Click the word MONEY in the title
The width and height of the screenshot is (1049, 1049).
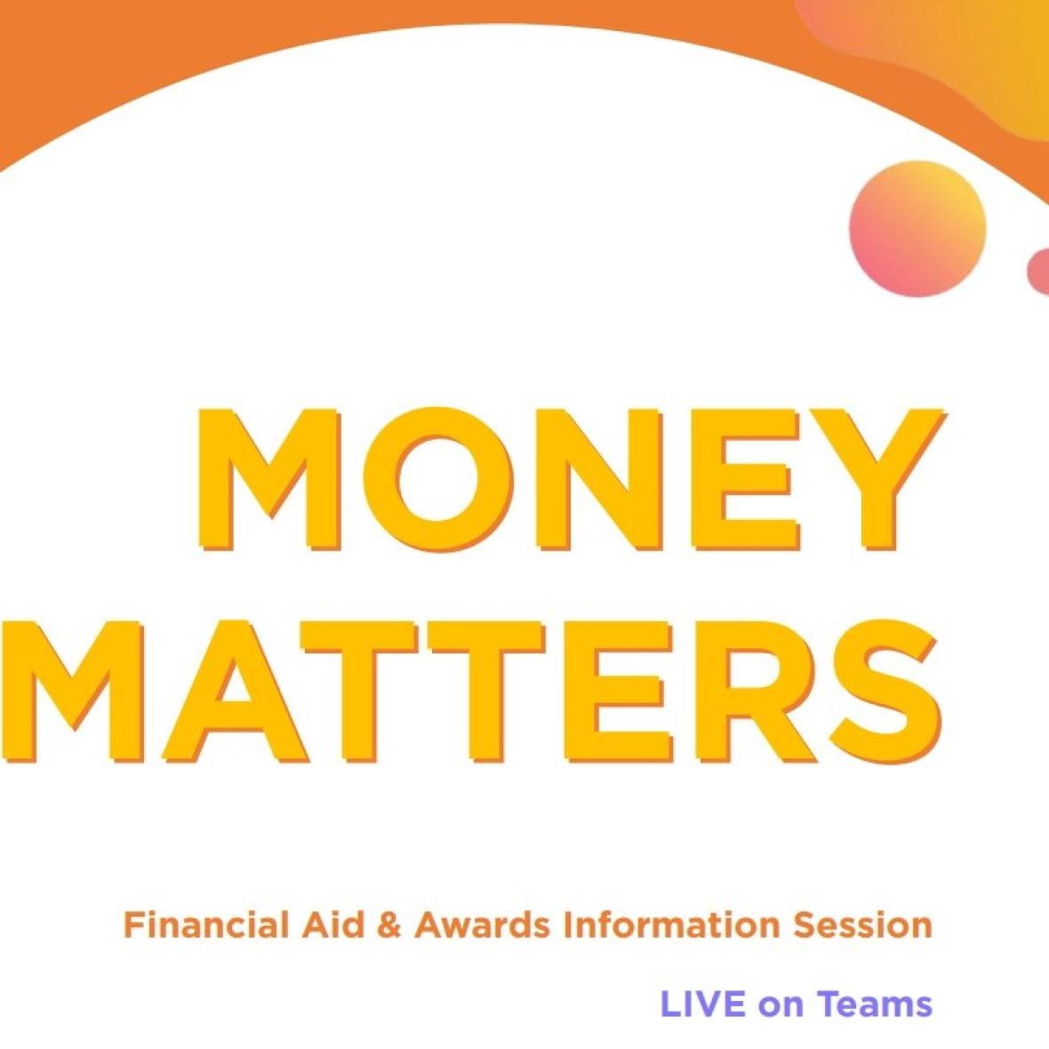pyautogui.click(x=572, y=479)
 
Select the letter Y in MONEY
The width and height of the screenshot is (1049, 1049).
pyautogui.click(x=877, y=479)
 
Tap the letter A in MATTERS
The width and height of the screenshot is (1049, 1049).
pyautogui.click(x=228, y=693)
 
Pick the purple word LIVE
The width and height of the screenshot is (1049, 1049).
pyautogui.click(x=703, y=1005)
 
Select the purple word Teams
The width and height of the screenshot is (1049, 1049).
pyautogui.click(x=875, y=1005)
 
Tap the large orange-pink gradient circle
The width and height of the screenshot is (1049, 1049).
pyautogui.click(x=917, y=228)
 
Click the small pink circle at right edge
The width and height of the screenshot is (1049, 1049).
pyautogui.click(x=1039, y=271)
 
